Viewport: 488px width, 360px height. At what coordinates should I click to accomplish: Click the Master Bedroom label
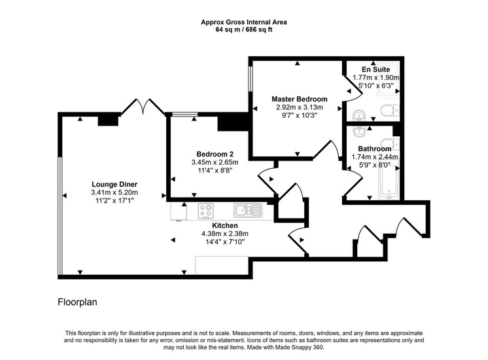(x=300, y=99)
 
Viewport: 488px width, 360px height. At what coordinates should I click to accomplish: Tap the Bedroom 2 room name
(x=215, y=154)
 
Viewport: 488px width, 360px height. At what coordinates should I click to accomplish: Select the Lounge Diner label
(x=114, y=185)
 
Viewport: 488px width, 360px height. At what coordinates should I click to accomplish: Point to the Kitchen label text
(x=225, y=225)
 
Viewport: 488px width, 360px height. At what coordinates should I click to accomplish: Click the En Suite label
(x=375, y=69)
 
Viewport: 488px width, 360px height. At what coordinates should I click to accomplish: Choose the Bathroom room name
(x=374, y=149)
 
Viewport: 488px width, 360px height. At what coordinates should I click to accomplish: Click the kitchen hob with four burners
(x=205, y=211)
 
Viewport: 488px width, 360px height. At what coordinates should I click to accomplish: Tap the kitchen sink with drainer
(x=248, y=210)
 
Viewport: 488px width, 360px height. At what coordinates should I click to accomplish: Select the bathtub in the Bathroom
(x=389, y=181)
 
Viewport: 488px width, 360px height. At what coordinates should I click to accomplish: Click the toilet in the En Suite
(x=390, y=110)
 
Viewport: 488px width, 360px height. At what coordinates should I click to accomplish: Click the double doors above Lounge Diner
(x=143, y=107)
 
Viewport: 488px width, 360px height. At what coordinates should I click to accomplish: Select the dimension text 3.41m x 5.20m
(x=114, y=192)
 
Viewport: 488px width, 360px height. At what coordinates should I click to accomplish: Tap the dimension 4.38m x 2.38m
(x=225, y=234)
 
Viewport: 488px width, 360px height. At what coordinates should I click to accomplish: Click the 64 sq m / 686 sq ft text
(x=244, y=30)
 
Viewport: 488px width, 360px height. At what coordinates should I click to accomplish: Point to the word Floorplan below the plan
(x=77, y=302)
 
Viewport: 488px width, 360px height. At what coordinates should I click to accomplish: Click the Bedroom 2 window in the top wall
(x=184, y=115)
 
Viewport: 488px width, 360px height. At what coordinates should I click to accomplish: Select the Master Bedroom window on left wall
(x=251, y=79)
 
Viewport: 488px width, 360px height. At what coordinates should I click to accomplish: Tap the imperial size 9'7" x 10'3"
(x=300, y=115)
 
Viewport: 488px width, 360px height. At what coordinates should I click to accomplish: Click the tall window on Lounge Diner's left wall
(x=60, y=216)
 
